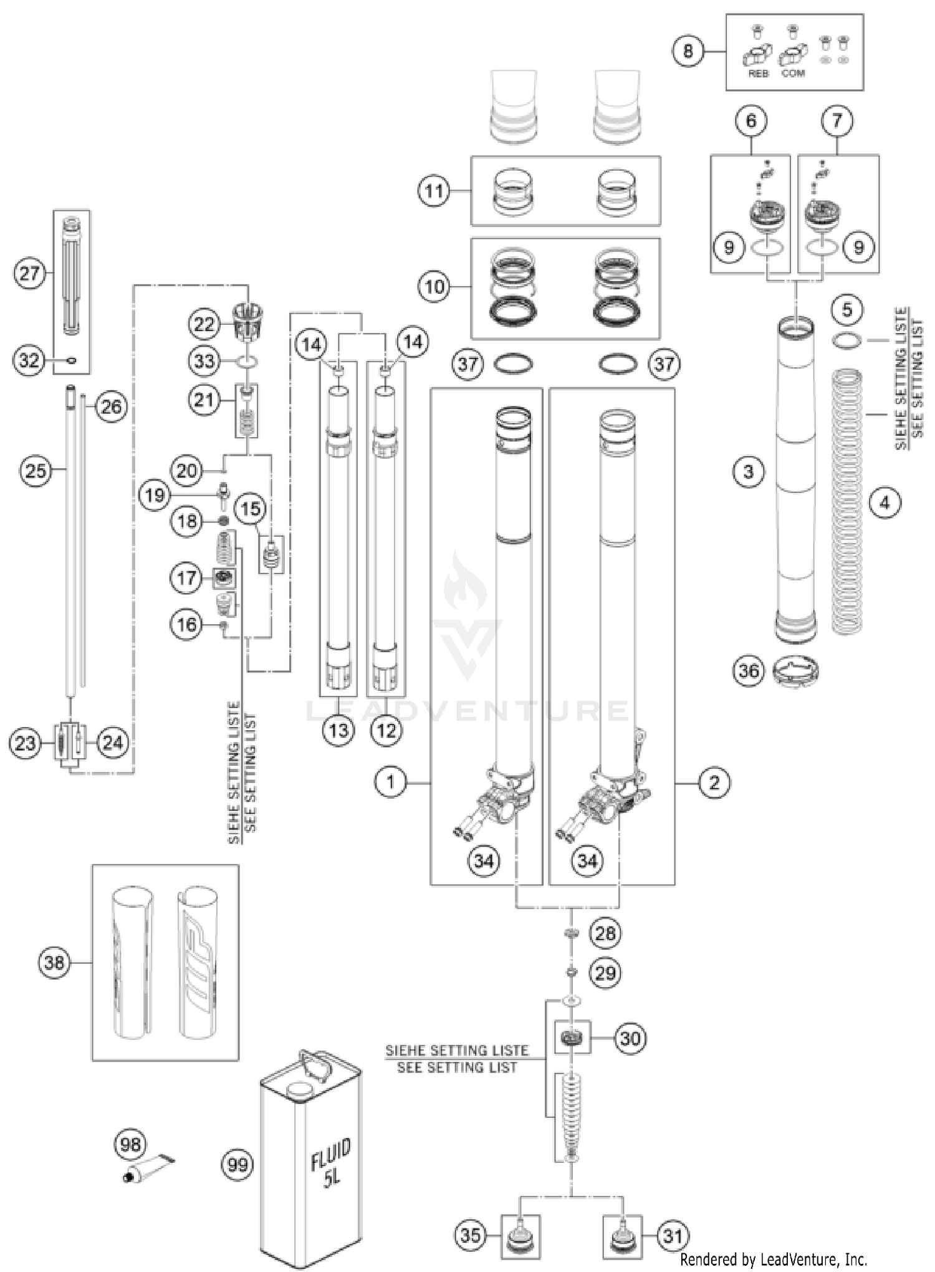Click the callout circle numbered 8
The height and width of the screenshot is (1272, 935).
[x=688, y=51]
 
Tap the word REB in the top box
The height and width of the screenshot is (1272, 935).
[x=758, y=74]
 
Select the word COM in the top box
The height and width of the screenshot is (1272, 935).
[x=793, y=74]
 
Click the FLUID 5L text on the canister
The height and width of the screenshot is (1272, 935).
[x=331, y=1162]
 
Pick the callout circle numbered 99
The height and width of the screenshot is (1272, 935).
[x=237, y=1164]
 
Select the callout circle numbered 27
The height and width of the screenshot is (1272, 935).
[x=29, y=273]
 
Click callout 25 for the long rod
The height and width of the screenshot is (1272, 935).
[x=36, y=470]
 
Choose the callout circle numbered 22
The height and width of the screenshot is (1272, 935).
[x=204, y=324]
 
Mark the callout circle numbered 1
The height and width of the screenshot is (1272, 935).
[x=391, y=781]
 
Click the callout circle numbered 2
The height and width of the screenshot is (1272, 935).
[x=714, y=782]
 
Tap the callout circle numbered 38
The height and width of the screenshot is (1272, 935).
[x=54, y=962]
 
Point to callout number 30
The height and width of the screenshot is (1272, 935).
[x=630, y=1038]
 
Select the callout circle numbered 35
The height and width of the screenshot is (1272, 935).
[x=471, y=1235]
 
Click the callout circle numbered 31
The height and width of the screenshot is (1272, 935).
[x=673, y=1235]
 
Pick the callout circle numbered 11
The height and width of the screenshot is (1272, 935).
[x=434, y=190]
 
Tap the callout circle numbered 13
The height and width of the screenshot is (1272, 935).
[x=338, y=730]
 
